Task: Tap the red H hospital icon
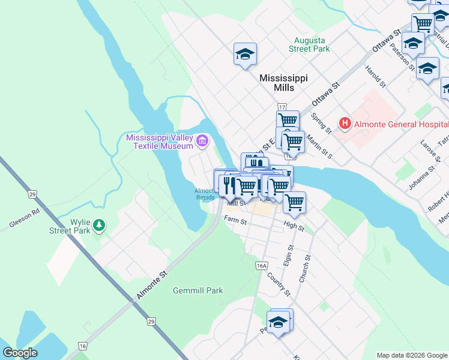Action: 345,124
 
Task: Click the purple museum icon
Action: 202,142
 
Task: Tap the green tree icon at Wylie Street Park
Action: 100,226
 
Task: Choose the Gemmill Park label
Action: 197,290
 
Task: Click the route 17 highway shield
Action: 282,106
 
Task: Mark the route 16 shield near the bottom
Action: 82,346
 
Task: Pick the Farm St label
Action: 235,221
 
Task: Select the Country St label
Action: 279,284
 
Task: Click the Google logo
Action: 20,353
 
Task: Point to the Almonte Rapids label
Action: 204,194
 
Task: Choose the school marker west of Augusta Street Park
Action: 245,55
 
